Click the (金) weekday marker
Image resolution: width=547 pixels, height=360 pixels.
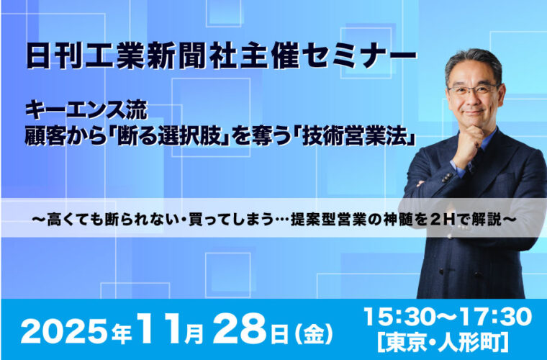coord(313,333)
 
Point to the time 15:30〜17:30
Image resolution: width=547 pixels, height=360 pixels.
coord(448,317)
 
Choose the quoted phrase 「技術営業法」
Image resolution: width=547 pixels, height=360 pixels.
coord(355,138)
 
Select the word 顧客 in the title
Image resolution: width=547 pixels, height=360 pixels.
coord(44,138)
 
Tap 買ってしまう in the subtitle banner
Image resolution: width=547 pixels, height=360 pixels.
coord(230,220)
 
